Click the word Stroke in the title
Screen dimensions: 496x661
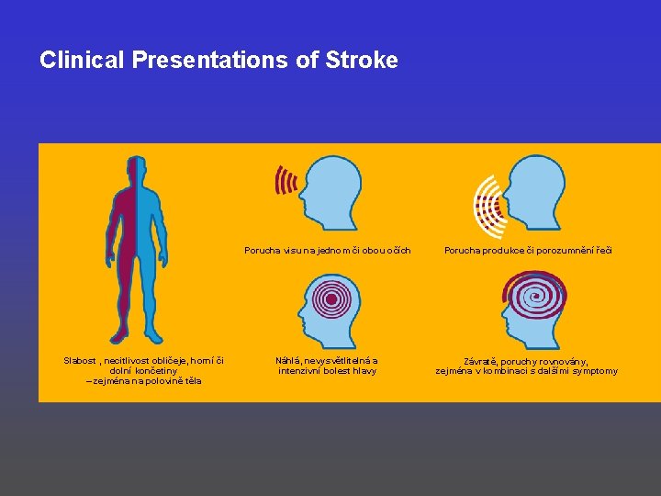pos(363,61)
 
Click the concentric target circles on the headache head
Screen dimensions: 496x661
pos(327,299)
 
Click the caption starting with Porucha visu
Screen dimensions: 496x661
pos(328,250)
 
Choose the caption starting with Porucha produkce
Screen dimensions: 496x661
pos(528,250)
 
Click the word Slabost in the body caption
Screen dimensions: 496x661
pos(81,361)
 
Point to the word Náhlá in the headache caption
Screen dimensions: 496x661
pos(291,361)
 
